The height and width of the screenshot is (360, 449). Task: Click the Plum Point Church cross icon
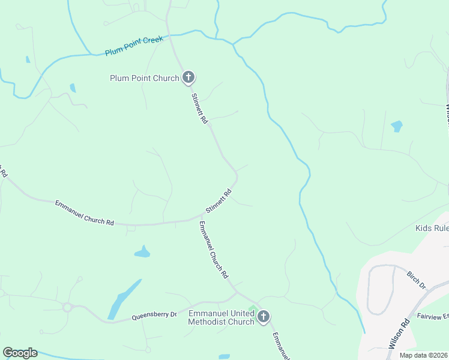tap(188, 77)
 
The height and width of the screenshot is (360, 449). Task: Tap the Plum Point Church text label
tap(145, 78)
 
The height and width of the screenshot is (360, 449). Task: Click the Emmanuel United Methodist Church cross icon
tap(264, 317)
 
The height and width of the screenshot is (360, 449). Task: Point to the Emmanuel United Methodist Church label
tap(221, 317)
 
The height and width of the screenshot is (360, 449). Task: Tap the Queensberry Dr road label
tap(154, 314)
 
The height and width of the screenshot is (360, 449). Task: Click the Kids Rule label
tap(432, 228)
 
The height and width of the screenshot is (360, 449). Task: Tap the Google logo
tap(20, 353)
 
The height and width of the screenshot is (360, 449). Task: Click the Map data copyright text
tap(424, 355)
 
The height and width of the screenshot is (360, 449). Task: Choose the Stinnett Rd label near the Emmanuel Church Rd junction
tap(218, 202)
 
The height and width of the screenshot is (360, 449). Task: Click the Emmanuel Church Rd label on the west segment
tap(84, 212)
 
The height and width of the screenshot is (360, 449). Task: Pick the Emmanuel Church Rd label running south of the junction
tap(214, 250)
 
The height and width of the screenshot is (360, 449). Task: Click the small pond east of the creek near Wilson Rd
tap(397, 126)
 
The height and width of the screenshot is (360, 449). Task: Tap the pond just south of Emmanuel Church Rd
tap(142, 252)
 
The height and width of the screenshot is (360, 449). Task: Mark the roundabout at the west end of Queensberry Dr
tap(67, 308)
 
